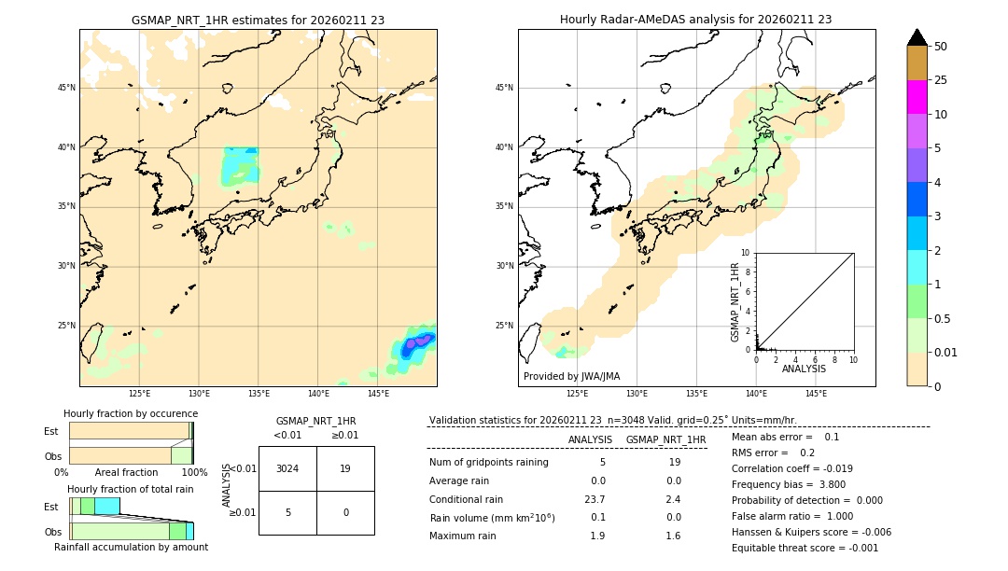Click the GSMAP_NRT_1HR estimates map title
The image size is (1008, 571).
[258, 20]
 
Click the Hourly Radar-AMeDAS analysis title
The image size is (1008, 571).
[695, 20]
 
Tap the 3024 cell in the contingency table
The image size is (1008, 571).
[287, 468]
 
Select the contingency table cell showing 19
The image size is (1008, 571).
[345, 468]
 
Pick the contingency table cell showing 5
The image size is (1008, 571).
[287, 512]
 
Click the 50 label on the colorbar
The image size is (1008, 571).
[941, 47]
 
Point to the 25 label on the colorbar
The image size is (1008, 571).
[941, 80]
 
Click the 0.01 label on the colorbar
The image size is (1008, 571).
[946, 352]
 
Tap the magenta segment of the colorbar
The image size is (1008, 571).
[917, 97]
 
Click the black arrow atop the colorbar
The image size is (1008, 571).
[917, 37]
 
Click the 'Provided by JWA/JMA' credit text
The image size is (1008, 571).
[571, 376]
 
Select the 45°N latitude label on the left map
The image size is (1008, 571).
[66, 88]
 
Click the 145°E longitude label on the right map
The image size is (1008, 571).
[816, 394]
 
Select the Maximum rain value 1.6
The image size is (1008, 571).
[672, 536]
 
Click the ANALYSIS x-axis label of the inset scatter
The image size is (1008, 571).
[804, 369]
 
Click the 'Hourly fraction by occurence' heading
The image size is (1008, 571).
[131, 413]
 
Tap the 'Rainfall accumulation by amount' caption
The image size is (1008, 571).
[131, 547]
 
